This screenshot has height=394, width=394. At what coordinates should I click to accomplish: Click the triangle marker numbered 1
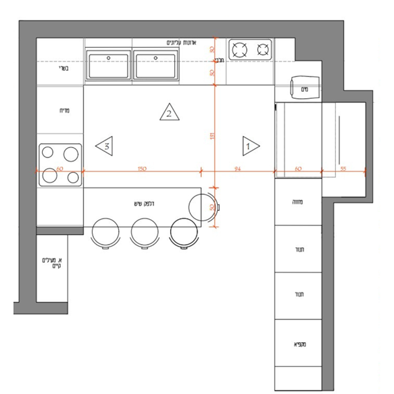click(250, 145)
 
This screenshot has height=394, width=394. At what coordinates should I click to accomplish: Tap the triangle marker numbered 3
click(105, 145)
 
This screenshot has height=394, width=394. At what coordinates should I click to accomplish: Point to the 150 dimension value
click(141, 168)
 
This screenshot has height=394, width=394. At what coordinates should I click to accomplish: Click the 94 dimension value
click(237, 168)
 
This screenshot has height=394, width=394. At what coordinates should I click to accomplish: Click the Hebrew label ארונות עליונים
click(181, 43)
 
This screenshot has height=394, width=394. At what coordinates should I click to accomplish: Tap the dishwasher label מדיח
click(59, 110)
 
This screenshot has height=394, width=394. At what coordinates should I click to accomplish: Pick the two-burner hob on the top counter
click(250, 50)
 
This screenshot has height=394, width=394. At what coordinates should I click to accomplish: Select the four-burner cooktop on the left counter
click(60, 165)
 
